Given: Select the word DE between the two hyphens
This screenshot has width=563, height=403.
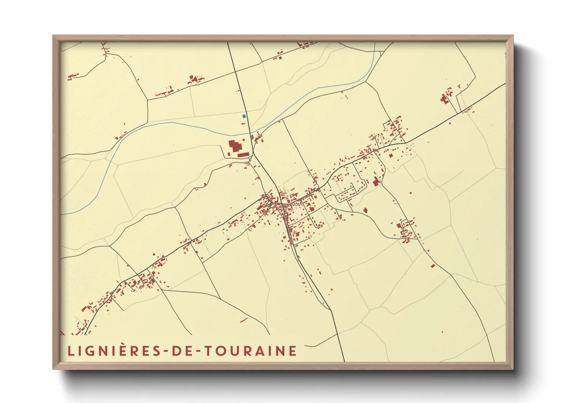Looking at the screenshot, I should coord(181,351).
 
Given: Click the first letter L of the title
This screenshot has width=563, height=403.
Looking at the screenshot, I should coord(70,351).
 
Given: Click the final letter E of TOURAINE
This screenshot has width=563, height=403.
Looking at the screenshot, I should coord(293,351).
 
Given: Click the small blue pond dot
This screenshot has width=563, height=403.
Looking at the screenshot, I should coord(244,116).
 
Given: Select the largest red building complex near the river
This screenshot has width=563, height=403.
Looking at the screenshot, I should coord(235,146).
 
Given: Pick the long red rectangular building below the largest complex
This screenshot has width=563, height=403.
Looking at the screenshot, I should coord(243,155).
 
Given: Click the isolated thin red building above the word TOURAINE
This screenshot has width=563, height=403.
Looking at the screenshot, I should coord(243,320).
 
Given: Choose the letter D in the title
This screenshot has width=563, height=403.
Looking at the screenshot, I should coord(176,351).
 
